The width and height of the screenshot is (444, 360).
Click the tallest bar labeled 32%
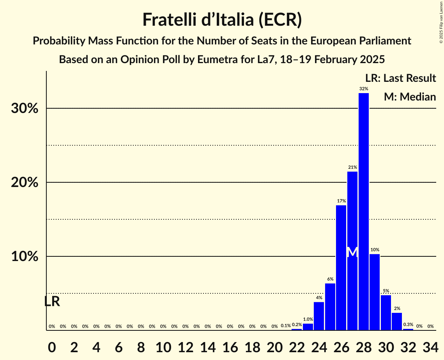[363, 212]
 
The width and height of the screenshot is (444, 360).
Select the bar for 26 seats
[341, 268]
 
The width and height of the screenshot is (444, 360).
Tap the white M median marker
[352, 252]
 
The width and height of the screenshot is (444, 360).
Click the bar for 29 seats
[375, 292]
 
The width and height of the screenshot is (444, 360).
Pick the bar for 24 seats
[319, 316]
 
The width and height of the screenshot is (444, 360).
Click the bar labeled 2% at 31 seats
[397, 321]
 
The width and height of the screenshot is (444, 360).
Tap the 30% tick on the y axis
[25, 109]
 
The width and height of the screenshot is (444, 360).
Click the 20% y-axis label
[25, 183]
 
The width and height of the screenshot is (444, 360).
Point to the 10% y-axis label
[25, 257]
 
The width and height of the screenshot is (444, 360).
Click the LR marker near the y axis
[52, 302]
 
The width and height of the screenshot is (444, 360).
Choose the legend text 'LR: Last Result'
[400, 78]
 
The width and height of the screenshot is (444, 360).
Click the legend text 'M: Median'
[410, 97]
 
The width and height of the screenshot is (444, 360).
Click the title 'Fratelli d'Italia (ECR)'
[222, 19]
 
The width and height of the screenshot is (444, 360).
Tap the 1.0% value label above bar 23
[308, 319]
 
